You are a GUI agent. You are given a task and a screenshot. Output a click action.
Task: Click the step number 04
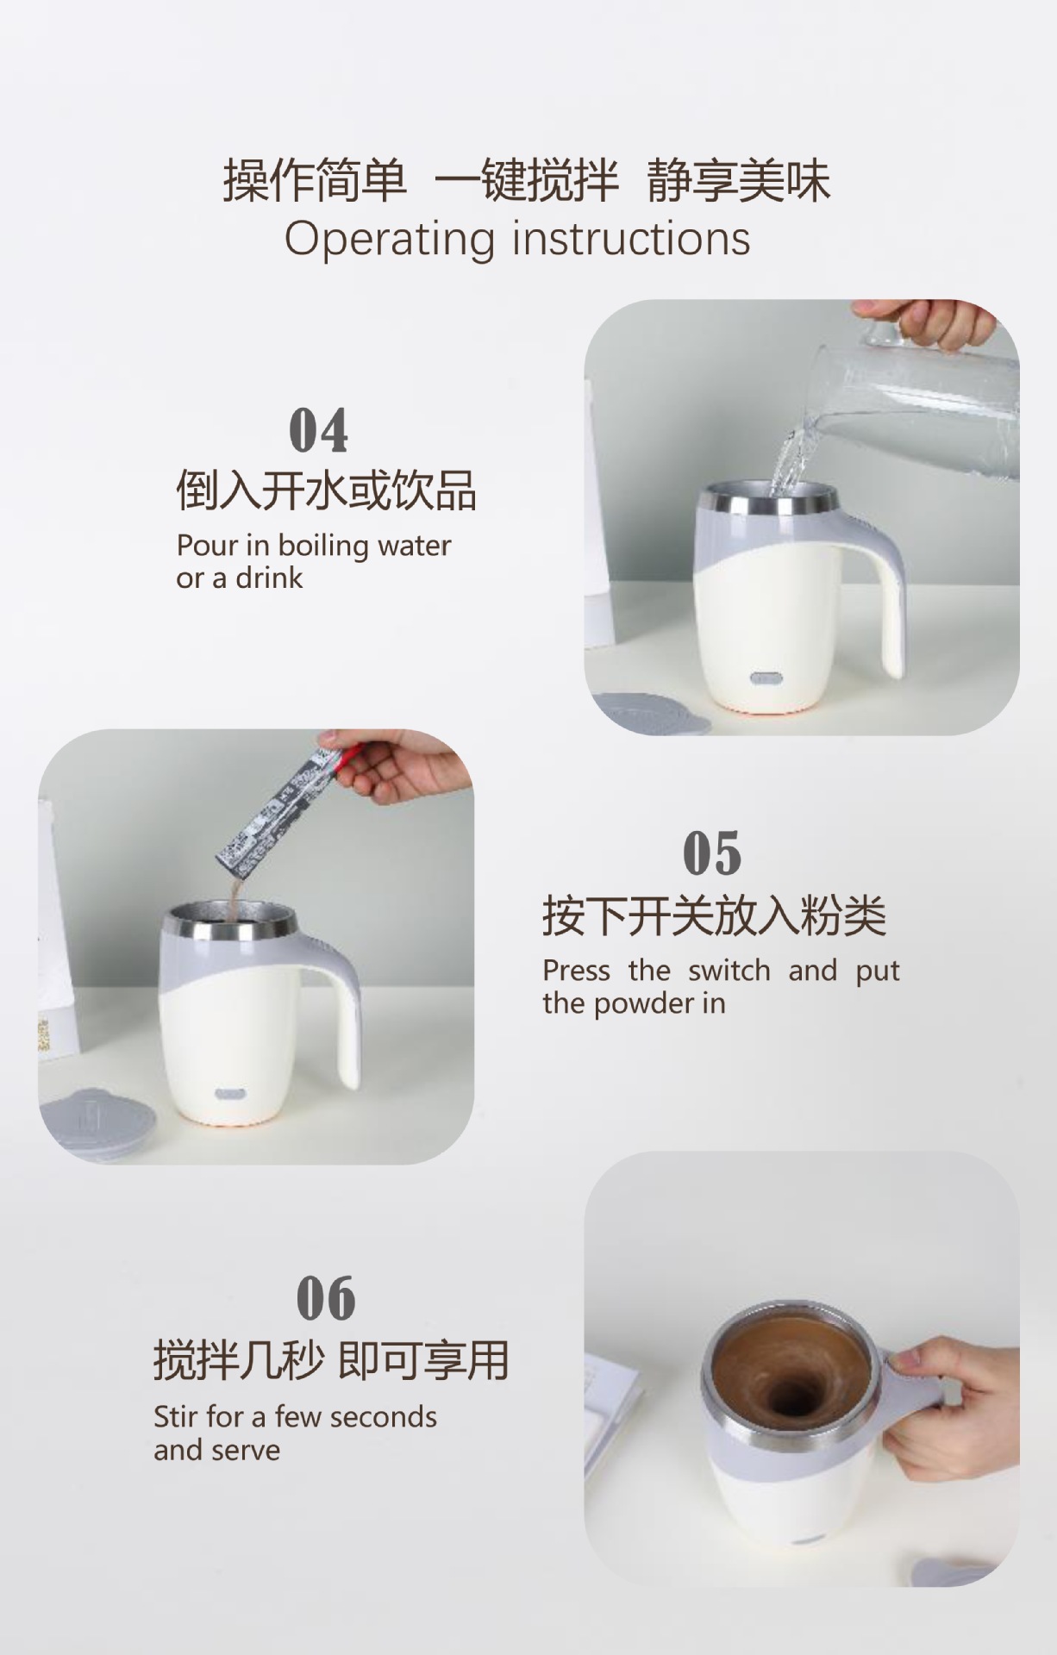(x=318, y=430)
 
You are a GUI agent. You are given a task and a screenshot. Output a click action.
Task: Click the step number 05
(x=711, y=853)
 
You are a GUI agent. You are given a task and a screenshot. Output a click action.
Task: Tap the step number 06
(x=325, y=1299)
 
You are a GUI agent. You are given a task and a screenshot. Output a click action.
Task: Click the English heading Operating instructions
(x=517, y=239)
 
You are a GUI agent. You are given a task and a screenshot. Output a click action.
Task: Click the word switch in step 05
(x=729, y=971)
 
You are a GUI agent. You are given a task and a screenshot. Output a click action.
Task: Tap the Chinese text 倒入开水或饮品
(x=326, y=490)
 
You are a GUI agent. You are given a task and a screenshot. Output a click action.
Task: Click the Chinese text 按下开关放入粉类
(x=714, y=915)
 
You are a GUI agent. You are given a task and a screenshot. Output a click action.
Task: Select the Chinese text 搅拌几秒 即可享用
(x=331, y=1360)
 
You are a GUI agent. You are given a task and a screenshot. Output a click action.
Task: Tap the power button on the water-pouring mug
(x=764, y=678)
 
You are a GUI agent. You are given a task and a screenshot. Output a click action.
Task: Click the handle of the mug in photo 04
(x=884, y=586)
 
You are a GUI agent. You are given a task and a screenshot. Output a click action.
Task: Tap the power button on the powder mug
(x=228, y=1095)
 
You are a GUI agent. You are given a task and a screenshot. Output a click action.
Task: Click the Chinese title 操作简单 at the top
(x=315, y=181)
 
